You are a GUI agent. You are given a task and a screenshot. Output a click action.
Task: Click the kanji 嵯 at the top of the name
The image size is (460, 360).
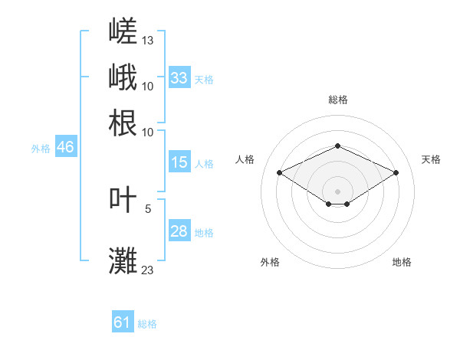123,31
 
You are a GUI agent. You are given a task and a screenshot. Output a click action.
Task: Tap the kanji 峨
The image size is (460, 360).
123,77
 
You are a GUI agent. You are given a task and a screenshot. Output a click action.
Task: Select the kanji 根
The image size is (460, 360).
123,123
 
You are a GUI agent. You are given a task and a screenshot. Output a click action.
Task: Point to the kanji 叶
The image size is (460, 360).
123,199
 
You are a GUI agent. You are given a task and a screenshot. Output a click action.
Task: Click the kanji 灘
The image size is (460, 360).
123,260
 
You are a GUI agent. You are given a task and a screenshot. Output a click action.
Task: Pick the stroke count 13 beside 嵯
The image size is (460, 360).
147,41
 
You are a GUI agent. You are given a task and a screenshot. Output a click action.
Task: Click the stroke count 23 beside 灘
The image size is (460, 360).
147,270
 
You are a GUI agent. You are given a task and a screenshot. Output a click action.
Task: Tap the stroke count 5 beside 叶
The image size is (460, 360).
148,209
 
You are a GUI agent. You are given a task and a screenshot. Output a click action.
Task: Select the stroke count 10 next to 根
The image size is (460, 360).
147,133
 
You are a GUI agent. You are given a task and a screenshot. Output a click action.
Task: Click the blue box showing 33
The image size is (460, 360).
179,77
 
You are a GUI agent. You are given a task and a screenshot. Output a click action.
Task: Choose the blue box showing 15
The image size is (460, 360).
179,162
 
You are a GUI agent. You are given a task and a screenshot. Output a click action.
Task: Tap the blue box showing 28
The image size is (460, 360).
179,230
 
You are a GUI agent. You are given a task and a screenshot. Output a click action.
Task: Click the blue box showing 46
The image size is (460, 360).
66,146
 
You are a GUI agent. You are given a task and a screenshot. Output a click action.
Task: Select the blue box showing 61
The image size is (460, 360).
123,321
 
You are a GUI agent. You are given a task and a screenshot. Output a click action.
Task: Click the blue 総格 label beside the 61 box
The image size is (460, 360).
147,324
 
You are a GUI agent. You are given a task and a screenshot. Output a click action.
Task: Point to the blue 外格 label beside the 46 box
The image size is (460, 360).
41,149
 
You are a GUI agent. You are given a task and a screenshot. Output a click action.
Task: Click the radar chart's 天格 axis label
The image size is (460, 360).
431,159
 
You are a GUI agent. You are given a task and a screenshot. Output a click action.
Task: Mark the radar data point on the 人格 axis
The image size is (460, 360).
279,172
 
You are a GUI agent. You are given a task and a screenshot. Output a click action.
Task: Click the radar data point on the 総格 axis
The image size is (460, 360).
337,146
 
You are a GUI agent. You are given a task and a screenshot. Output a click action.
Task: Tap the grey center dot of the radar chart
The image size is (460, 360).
337,191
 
